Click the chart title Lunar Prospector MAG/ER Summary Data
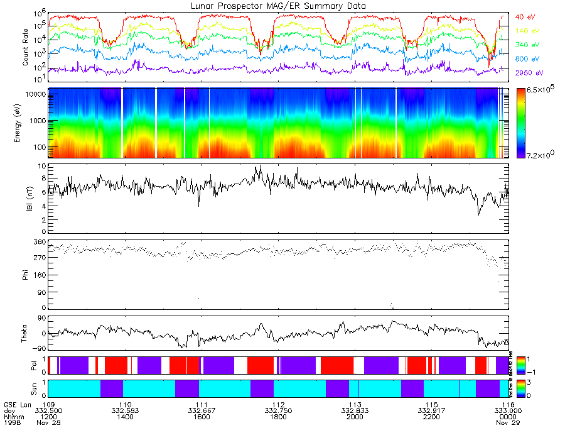278,5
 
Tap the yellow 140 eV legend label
528,31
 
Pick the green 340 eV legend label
528,45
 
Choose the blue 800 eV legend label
528,59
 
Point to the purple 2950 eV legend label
529,74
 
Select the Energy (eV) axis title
25,123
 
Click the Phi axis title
25,274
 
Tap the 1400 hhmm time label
124,417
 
